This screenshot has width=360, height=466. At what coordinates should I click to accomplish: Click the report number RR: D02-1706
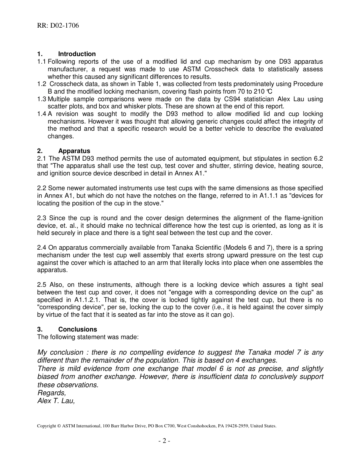(x=58, y=25)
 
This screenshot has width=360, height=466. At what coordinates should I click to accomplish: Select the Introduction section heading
(x=77, y=54)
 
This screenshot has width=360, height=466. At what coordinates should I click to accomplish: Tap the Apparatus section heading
(x=74, y=151)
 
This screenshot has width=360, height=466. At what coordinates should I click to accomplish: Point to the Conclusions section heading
(x=78, y=329)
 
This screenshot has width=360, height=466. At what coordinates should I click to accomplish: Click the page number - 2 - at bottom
(x=164, y=441)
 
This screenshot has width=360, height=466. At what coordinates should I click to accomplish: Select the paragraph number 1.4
(x=42, y=114)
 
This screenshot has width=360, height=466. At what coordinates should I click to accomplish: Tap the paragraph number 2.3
(x=42, y=218)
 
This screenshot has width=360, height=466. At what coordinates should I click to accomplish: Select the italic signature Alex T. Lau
(x=56, y=401)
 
